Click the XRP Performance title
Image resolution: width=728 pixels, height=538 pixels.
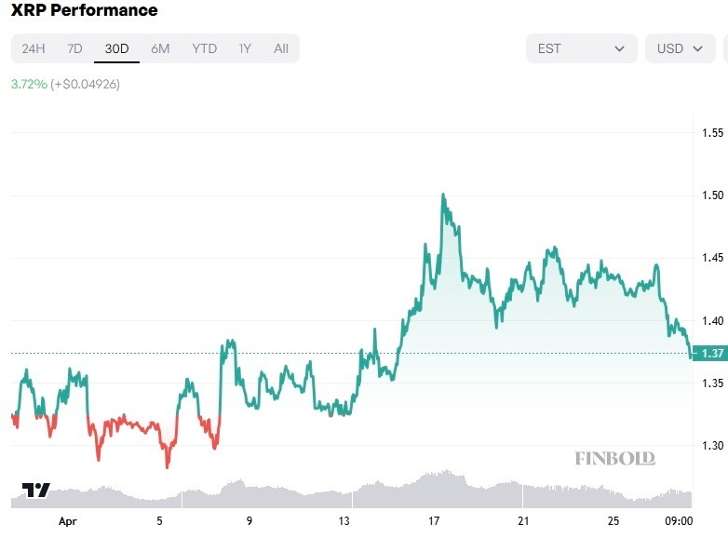coord(84,11)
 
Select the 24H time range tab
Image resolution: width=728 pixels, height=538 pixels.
coord(34,48)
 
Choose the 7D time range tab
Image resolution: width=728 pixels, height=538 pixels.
coord(74,48)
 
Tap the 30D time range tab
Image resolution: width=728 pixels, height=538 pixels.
coord(116,48)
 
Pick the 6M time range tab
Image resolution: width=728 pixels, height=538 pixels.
coord(160,48)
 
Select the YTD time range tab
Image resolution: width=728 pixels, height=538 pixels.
coord(204,48)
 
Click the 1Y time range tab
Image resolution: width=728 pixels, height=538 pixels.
coord(245,48)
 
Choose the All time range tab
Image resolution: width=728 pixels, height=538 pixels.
coord(281,48)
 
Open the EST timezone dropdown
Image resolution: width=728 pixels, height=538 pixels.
coord(581,48)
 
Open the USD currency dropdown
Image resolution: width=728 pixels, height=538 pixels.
coord(680,48)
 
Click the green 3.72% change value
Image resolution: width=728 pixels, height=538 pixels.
coord(29,84)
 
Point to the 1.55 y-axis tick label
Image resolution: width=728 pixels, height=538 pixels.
coord(712,133)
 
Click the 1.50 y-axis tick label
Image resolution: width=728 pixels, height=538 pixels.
coord(712,195)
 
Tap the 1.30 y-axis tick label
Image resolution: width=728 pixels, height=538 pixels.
coord(712,446)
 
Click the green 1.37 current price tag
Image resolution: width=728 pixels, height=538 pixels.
coord(713,353)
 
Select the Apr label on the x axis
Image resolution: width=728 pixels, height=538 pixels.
coord(67,521)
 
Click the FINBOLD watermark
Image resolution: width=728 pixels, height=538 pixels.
coord(614,458)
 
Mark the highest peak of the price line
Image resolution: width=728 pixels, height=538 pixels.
coord(443,195)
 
